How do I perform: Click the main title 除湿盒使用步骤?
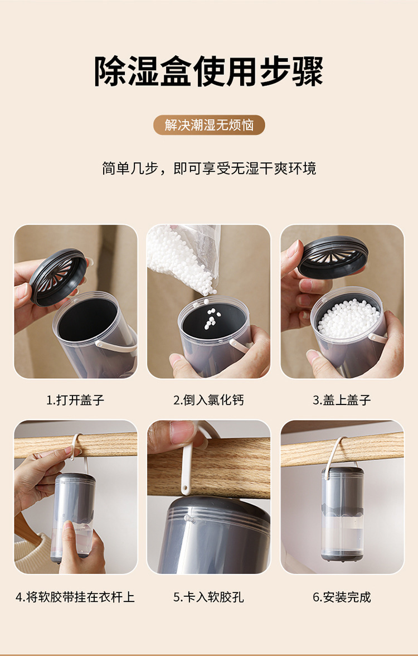[208, 71]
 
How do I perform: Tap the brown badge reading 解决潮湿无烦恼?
[209, 125]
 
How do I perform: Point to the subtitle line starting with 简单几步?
[209, 168]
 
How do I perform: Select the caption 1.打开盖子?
[75, 400]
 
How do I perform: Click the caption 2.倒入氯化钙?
[208, 400]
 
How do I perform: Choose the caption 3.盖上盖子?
[342, 400]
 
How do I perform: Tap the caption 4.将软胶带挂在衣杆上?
[75, 597]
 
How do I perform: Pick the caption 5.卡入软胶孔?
[208, 597]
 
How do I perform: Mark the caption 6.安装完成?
[342, 597]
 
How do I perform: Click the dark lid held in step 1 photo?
[58, 277]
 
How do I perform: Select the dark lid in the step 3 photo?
[333, 257]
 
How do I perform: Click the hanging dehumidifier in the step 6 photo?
[342, 514]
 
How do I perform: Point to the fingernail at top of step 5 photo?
[182, 430]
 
